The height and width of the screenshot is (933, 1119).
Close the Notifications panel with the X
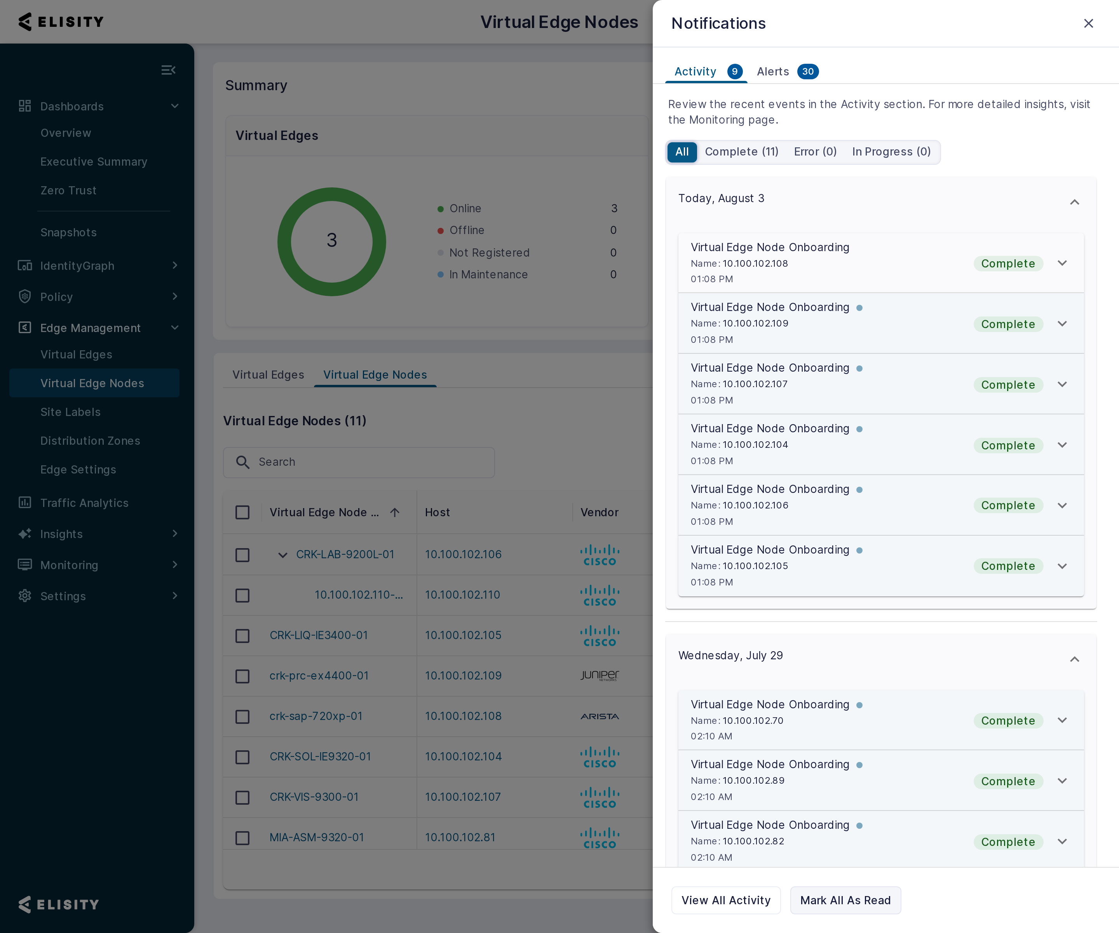(1088, 23)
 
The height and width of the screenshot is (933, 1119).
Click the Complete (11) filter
(741, 152)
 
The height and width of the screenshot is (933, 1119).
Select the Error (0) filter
(815, 152)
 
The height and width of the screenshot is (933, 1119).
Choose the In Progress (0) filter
(891, 152)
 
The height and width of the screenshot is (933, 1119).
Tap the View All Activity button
(726, 900)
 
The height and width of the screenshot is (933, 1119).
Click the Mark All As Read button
(845, 900)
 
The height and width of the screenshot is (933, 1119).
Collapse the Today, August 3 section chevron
(1074, 202)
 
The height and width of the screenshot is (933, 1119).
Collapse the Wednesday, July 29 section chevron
(1074, 659)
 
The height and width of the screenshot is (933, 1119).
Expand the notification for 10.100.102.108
(1061, 263)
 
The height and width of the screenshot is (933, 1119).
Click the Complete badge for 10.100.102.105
(1007, 566)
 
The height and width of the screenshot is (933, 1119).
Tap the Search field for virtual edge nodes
(359, 462)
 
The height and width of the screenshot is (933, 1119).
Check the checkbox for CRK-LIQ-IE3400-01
(242, 636)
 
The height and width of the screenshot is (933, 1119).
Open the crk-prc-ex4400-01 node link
(319, 676)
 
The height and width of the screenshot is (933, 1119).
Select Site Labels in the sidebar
(70, 412)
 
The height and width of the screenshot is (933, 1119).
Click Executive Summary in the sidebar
(94, 162)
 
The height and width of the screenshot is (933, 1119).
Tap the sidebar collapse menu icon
(168, 70)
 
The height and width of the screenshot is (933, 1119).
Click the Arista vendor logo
(600, 716)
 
